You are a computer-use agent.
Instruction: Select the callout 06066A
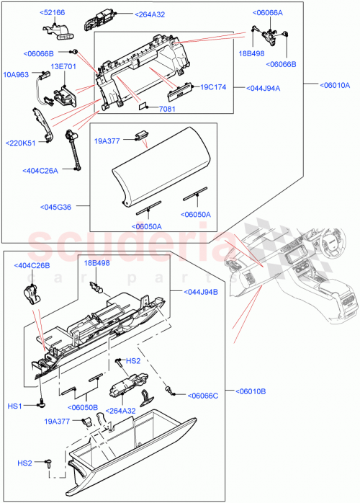(x=268, y=13)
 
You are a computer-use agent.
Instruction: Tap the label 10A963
(x=17, y=74)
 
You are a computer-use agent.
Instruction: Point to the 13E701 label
(x=63, y=66)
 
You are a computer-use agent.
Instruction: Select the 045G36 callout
(x=58, y=208)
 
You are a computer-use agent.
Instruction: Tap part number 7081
(x=168, y=109)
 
